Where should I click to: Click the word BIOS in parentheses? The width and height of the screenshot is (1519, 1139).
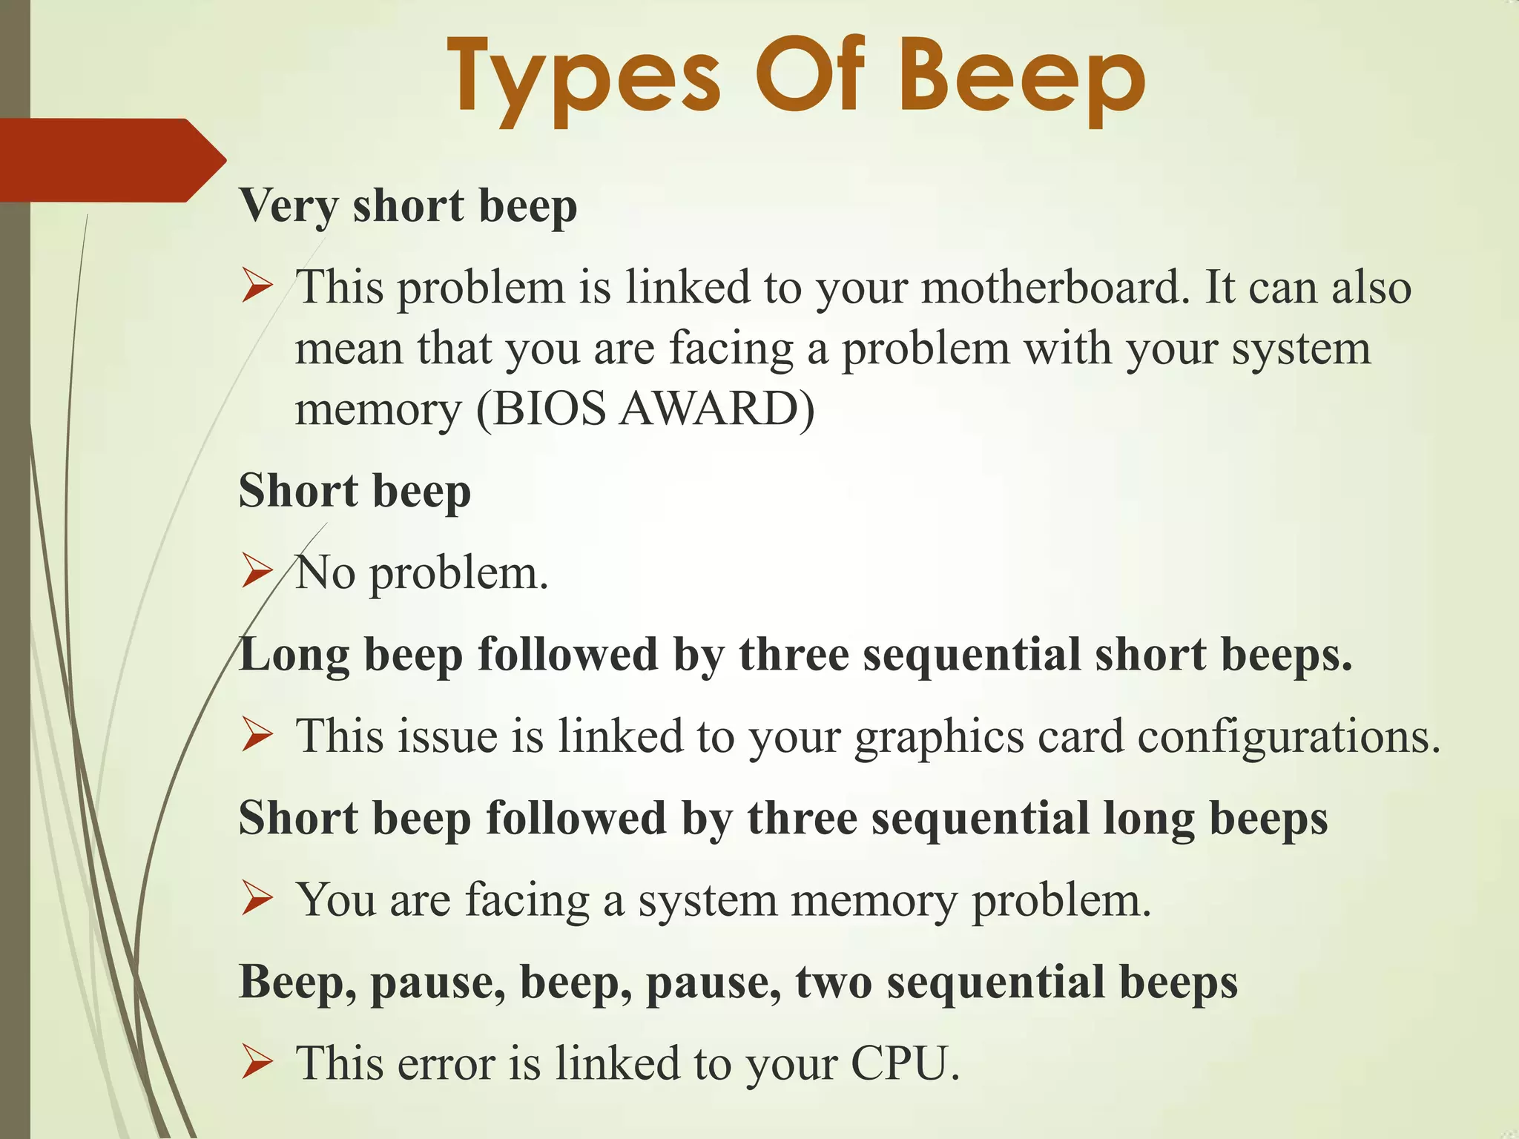[548, 409]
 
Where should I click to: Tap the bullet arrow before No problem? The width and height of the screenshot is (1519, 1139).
[257, 573]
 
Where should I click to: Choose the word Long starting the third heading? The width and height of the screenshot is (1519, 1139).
[294, 655]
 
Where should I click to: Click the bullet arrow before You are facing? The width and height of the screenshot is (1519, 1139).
[257, 900]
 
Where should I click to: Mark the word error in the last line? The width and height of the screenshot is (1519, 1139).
[445, 1063]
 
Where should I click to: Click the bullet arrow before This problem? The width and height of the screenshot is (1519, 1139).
[257, 288]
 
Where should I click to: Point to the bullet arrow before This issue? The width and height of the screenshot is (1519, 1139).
[257, 737]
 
